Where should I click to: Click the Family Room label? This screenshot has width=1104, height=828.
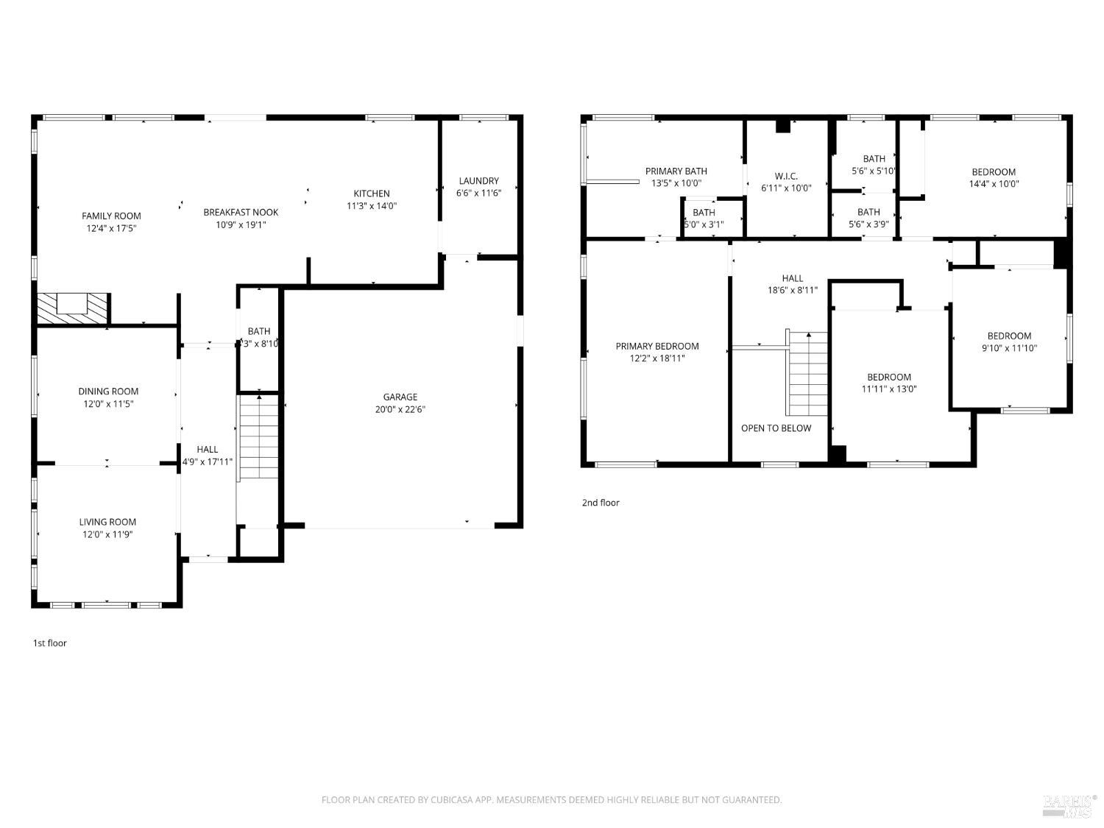click(111, 216)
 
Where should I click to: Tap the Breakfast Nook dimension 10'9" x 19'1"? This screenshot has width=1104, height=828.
click(241, 225)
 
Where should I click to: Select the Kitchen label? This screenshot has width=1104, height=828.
click(372, 194)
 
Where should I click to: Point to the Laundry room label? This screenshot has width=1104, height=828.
click(478, 180)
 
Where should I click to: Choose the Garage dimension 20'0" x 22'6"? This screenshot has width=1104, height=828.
click(400, 410)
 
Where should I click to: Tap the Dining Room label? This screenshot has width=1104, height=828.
click(108, 392)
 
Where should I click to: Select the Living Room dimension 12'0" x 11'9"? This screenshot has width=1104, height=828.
click(107, 535)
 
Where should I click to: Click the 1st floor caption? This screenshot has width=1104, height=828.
click(49, 643)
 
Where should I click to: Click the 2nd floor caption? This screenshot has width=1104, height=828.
click(601, 503)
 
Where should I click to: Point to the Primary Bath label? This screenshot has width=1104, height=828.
click(676, 171)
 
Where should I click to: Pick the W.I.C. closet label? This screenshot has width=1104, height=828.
click(786, 176)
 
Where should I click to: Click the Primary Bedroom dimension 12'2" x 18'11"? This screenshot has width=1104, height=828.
click(657, 358)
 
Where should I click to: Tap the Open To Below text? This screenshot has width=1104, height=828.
click(776, 428)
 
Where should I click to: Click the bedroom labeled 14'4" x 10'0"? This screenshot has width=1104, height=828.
click(994, 178)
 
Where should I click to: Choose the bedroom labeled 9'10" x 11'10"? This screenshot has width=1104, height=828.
click(1009, 342)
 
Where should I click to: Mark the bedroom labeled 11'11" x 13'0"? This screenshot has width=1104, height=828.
click(889, 383)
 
